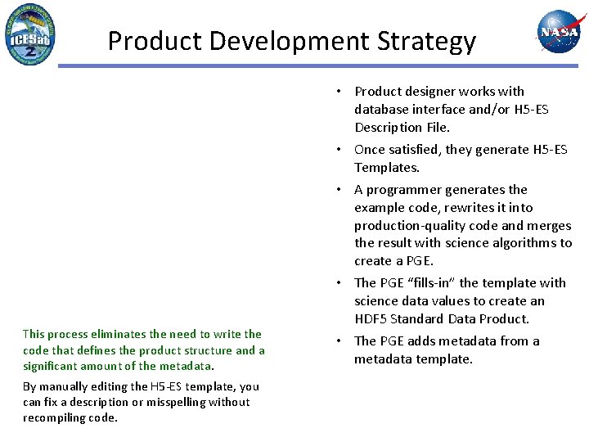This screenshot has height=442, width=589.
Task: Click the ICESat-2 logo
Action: [x=30, y=34]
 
